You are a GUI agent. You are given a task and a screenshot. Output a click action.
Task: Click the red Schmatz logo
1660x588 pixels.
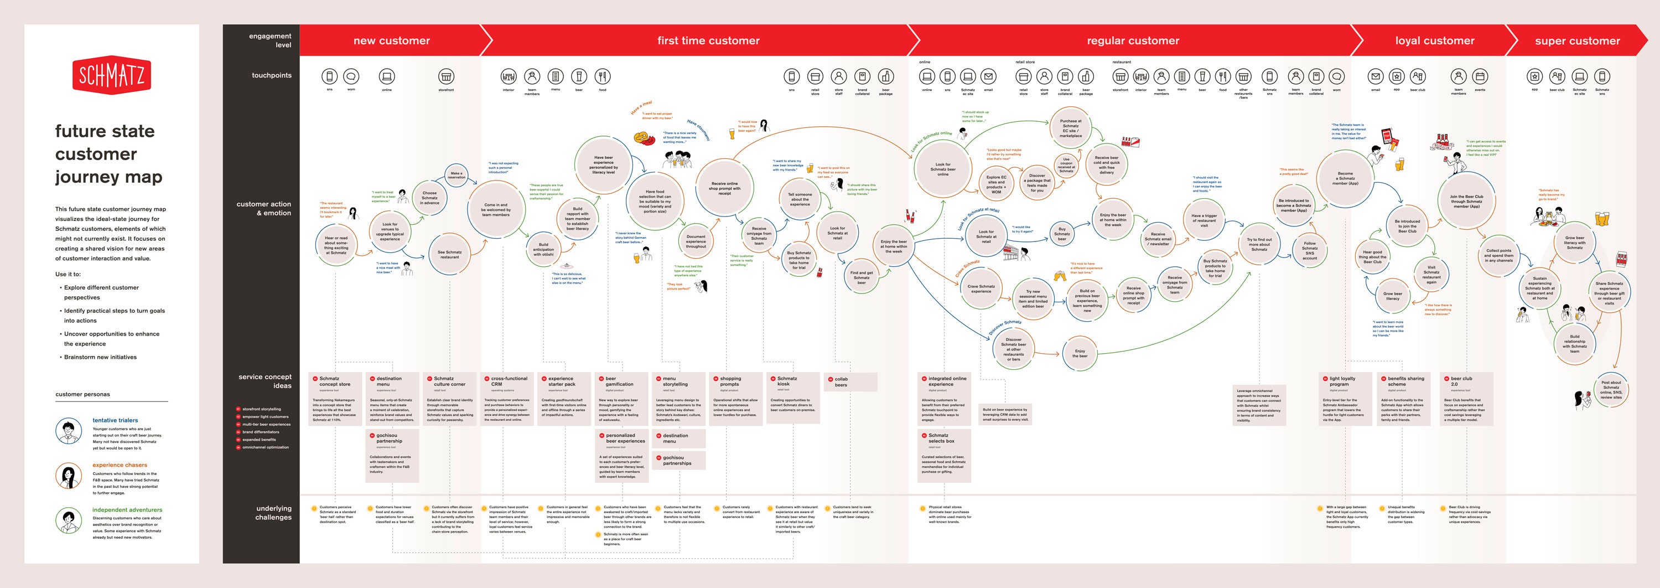click(111, 75)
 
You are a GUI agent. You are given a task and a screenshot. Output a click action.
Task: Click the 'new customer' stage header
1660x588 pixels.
click(391, 40)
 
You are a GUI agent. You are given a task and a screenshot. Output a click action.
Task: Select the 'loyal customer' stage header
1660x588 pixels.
click(1434, 40)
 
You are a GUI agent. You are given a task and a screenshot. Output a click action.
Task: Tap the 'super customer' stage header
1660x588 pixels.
click(1577, 40)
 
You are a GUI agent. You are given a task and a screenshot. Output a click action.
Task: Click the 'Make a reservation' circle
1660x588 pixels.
click(456, 176)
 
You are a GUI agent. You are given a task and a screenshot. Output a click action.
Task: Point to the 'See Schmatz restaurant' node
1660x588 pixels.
click(449, 255)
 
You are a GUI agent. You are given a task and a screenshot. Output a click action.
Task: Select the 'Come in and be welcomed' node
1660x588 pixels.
click(496, 209)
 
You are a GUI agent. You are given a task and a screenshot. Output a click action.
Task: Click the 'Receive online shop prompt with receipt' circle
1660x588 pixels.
click(724, 188)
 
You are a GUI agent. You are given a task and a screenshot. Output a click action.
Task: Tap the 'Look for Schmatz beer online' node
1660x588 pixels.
click(943, 169)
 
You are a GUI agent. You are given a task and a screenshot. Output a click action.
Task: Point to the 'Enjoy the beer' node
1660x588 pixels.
click(1080, 353)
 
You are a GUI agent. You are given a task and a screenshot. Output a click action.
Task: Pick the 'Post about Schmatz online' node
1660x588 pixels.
click(1610, 389)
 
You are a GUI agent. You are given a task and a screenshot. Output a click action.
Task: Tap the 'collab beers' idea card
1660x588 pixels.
click(850, 381)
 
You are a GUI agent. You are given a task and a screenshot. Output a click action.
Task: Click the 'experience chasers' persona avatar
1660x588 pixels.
click(68, 477)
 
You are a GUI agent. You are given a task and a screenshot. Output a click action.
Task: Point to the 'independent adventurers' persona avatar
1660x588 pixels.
click(68, 521)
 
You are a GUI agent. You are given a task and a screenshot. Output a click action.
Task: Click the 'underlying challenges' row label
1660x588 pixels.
click(273, 513)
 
